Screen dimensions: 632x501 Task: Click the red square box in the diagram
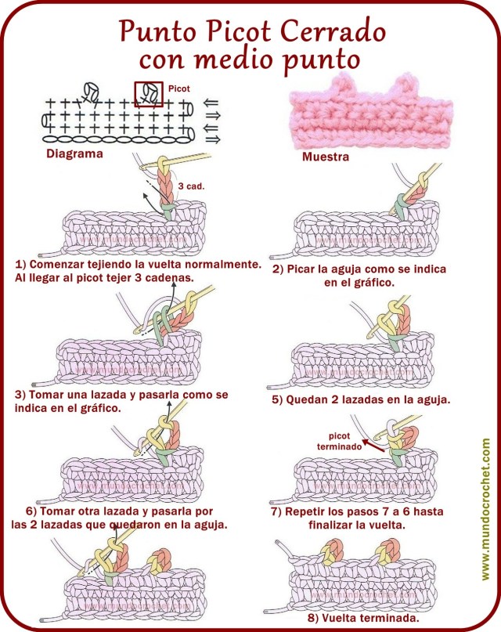(x=149, y=94)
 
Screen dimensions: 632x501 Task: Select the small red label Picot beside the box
(x=179, y=89)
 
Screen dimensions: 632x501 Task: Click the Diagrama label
(x=75, y=153)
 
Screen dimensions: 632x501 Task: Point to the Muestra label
(x=325, y=156)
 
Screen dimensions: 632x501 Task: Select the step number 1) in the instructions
(x=20, y=265)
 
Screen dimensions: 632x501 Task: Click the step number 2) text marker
(x=277, y=269)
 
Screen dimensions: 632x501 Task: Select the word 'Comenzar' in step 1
(x=60, y=265)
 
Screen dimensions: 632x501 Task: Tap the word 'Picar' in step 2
(x=306, y=269)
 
